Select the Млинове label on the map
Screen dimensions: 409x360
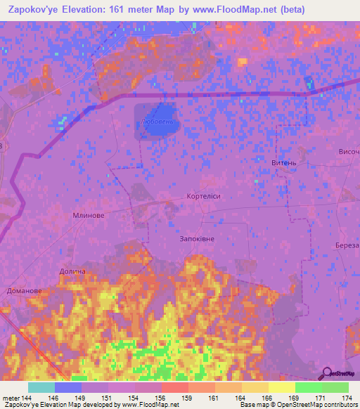point(89,216)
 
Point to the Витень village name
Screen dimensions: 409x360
point(283,162)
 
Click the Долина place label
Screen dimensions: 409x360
point(72,271)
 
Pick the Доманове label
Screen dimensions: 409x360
point(24,290)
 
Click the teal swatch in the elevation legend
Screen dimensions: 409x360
point(41,387)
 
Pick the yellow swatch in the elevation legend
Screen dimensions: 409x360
point(282,387)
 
